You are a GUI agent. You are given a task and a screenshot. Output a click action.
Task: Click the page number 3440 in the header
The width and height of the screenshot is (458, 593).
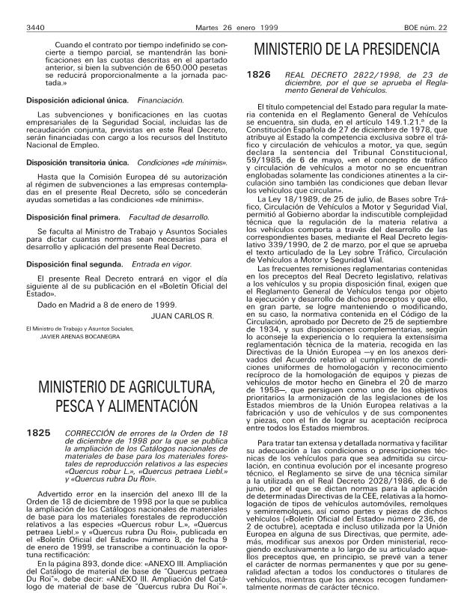35,8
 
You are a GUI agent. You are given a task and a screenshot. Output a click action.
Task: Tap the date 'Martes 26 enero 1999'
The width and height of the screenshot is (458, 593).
228,8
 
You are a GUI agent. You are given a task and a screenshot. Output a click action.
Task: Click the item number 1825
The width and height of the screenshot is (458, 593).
38,434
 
